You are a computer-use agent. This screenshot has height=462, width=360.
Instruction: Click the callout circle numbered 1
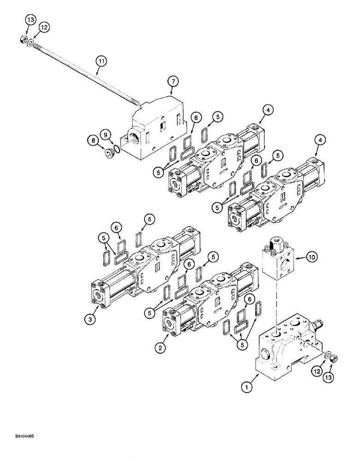pos(248,387)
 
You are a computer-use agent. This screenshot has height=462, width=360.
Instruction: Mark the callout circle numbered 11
pos(101,60)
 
